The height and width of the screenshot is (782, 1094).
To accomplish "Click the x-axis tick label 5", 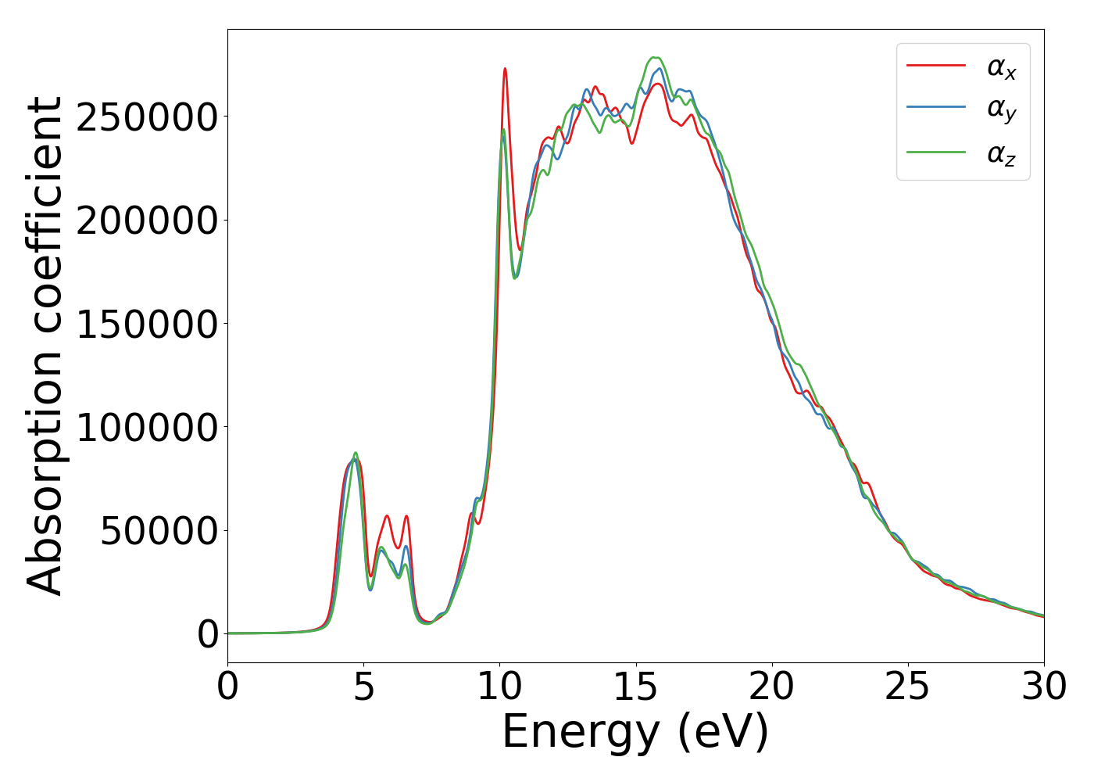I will point(363,687).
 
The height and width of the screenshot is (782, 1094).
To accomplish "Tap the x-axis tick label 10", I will point(499,687).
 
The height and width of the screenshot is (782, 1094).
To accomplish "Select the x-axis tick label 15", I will point(636,687).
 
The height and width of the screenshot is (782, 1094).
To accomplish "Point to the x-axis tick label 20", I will point(772,687).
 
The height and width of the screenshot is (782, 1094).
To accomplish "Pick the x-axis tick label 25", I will point(908,687).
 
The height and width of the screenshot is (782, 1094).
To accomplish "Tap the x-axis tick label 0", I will point(227,687).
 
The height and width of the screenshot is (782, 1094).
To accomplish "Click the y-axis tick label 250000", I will point(147,117).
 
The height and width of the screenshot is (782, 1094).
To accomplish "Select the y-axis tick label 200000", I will point(147,221).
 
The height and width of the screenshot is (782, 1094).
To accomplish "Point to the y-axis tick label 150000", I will point(147,324).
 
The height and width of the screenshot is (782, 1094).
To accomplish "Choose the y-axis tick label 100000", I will point(147,427).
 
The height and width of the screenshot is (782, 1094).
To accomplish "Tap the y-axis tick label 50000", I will point(159,530).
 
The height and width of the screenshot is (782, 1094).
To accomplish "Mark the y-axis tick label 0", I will point(208,634).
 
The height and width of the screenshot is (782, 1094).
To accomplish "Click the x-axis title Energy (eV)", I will point(635,733).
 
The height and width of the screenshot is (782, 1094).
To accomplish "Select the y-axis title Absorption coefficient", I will point(45,346).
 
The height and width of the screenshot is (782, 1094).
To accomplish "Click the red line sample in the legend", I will point(936,66).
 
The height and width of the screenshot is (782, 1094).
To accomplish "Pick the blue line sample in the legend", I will point(936,109).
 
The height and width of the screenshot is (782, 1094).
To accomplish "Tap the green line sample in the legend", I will point(936,152).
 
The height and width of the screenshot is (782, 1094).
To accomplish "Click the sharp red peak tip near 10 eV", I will point(505,69).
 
